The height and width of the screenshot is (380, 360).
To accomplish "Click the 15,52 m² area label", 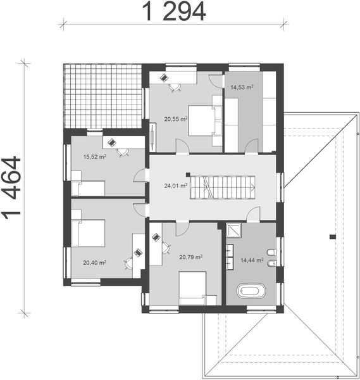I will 95,155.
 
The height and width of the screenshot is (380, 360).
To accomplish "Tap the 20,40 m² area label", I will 94,262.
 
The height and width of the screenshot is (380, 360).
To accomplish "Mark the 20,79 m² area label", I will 190,257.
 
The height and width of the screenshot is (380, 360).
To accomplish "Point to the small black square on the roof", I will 331,237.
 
